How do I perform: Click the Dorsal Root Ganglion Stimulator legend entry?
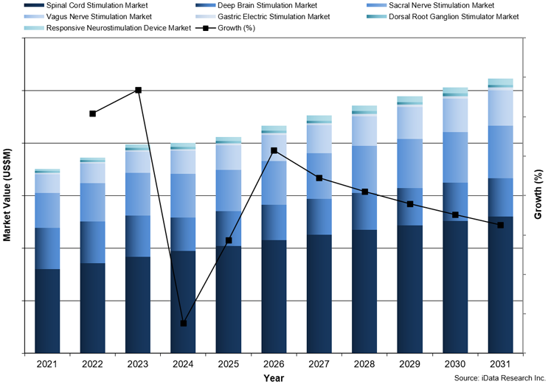coord(449,16)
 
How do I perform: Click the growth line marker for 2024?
coord(184,324)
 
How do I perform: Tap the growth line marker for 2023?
coord(138,90)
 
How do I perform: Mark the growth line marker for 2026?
coord(274,150)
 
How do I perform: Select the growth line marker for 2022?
coord(92,114)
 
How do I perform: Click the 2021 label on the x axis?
coord(47,363)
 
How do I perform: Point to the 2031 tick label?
coord(500,363)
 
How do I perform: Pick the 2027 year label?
coord(319,363)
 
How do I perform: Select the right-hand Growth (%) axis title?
coord(539,195)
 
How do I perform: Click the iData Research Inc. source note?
coord(499,377)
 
